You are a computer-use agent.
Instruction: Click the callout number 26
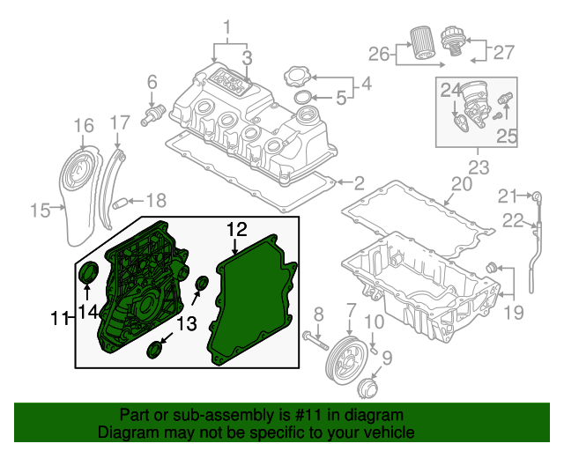[378, 54]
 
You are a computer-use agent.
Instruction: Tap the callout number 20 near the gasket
[462, 184]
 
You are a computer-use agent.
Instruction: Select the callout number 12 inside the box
[237, 230]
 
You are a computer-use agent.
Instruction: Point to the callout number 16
[83, 126]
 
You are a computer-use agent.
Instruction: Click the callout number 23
[479, 166]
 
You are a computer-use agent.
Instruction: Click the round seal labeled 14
[89, 274]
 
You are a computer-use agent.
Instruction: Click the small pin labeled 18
[125, 203]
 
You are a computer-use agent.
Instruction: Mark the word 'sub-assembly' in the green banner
[198, 415]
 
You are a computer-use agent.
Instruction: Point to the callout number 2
[359, 184]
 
